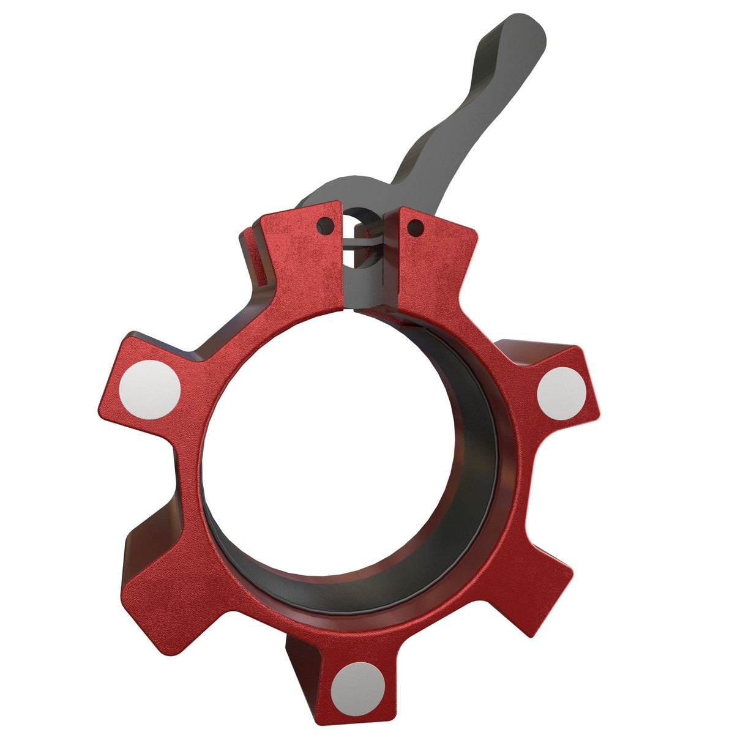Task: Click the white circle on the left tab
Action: (150, 390)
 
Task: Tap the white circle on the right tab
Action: (561, 393)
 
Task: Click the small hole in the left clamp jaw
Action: (325, 227)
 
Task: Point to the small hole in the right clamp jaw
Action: (415, 228)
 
